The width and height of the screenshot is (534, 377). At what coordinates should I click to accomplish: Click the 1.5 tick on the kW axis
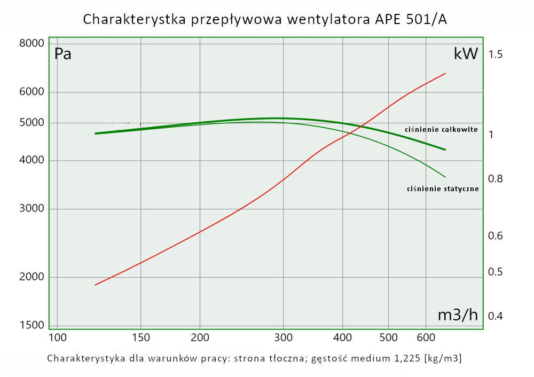point(496,54)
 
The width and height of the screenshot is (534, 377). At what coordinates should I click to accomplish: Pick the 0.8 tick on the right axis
point(496,178)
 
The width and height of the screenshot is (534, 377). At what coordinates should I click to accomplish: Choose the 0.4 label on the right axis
point(496,316)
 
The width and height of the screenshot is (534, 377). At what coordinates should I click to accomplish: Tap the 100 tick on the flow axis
point(57,337)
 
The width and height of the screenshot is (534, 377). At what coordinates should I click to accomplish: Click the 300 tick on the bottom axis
point(283,337)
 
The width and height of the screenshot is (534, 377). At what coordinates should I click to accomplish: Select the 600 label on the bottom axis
point(426,337)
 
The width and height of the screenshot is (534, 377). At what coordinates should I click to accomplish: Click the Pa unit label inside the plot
point(63,54)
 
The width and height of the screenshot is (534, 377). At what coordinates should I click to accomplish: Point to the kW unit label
point(465,54)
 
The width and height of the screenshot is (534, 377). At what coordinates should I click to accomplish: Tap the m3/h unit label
point(458,315)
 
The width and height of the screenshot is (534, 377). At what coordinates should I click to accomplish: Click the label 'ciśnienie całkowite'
point(441,130)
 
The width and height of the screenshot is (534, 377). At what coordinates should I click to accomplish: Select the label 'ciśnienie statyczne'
point(443,189)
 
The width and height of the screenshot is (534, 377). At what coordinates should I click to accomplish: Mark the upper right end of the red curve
point(445,74)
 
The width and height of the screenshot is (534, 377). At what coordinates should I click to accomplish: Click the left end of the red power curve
point(96,285)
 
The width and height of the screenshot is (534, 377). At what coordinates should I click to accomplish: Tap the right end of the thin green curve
point(445,177)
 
